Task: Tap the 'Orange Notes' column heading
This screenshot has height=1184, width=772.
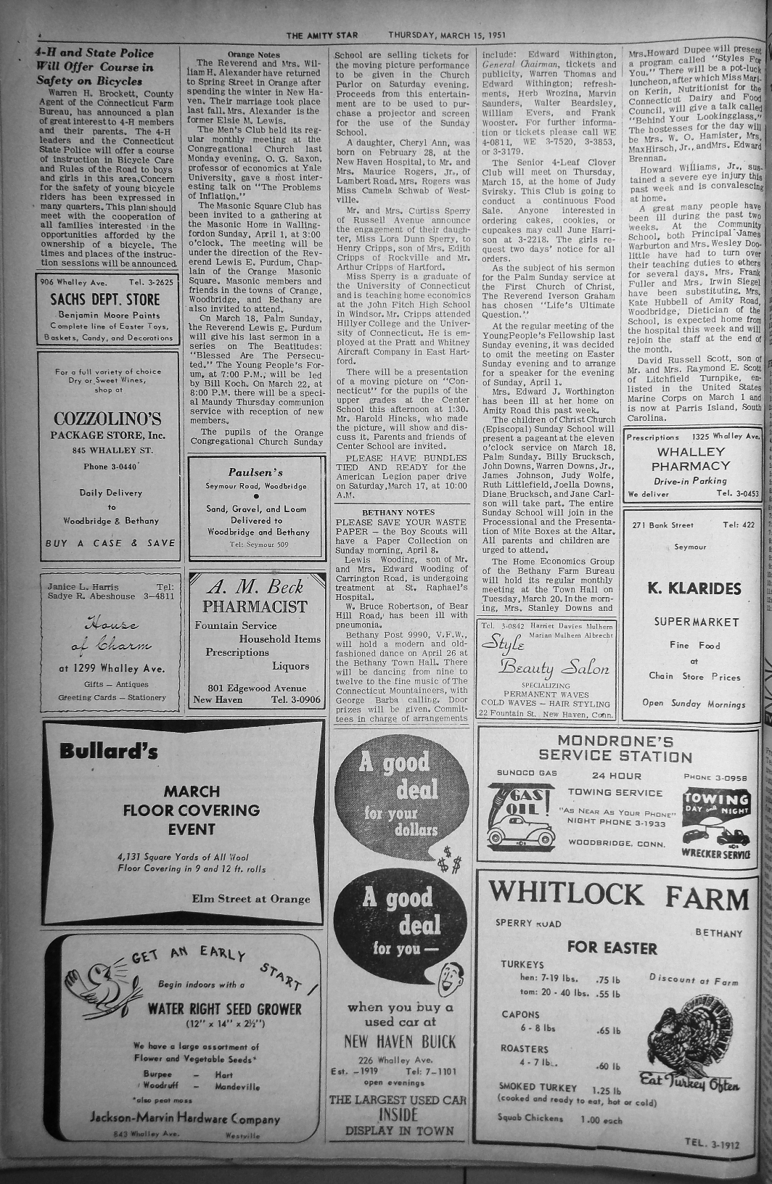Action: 253,54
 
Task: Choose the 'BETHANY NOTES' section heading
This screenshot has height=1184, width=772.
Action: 398,492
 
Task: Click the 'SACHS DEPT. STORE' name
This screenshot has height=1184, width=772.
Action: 104,300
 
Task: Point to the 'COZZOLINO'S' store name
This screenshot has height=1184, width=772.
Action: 107,419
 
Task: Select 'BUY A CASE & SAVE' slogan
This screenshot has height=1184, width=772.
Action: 110,543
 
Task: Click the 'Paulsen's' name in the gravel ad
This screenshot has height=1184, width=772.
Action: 255,472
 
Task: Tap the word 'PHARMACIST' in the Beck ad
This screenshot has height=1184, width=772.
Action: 255,607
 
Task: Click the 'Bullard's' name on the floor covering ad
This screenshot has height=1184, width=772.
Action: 109,751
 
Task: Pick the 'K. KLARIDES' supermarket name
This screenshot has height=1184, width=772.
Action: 694,588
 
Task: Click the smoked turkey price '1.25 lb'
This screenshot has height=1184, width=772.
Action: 607,1090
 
